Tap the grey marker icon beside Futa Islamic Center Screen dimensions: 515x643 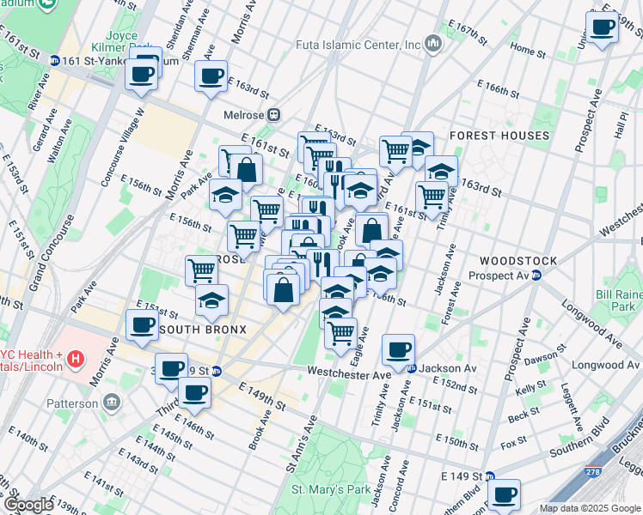433,43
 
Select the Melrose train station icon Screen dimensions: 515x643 274,115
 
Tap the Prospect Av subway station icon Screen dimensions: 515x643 536,276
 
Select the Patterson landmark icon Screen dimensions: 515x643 113,402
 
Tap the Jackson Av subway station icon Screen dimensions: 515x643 412,368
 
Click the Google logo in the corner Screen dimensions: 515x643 28,505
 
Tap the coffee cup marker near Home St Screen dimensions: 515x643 602,27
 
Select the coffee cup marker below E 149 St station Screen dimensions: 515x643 505,494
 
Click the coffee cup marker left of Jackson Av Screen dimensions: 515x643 398,349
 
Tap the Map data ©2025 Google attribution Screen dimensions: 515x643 590,508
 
